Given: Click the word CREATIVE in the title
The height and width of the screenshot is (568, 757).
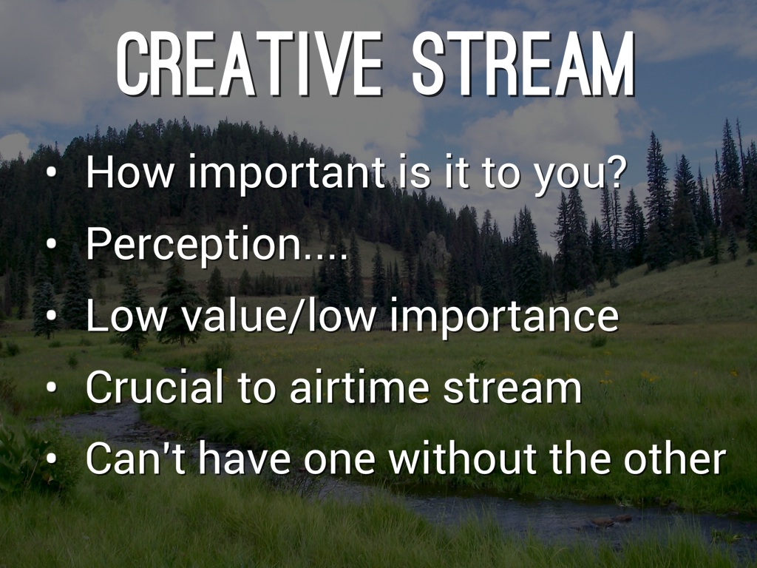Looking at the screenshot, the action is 249,64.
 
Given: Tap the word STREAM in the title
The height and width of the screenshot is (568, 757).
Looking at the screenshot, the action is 523,64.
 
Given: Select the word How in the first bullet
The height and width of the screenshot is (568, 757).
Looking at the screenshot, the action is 129,172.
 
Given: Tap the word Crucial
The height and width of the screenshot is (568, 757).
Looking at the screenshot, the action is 155,387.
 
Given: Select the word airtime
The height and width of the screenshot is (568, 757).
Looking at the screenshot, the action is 359,387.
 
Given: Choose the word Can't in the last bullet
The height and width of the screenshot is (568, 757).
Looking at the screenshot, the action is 136,458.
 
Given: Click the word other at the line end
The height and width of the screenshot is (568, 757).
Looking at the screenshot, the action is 675,458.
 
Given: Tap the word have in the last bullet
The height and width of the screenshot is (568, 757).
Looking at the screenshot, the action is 244,458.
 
